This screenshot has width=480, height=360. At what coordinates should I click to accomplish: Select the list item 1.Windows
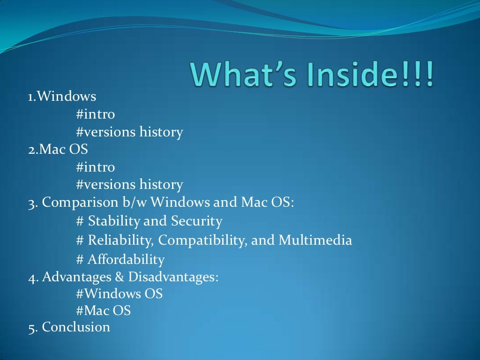(62, 97)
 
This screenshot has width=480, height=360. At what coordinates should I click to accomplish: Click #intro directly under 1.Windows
(95, 114)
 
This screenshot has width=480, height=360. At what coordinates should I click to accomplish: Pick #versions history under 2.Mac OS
(129, 184)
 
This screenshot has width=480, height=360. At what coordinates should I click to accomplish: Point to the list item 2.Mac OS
(58, 149)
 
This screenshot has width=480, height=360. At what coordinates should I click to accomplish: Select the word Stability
(114, 221)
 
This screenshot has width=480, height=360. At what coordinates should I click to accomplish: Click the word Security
(196, 221)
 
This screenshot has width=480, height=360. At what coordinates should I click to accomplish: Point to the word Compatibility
(202, 240)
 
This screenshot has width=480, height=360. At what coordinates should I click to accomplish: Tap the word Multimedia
(315, 240)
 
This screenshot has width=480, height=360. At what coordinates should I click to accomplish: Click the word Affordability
(126, 259)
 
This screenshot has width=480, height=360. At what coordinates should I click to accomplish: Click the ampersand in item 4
(119, 277)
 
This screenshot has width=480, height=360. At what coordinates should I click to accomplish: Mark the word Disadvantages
(173, 277)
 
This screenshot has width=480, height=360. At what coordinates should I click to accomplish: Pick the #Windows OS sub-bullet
(119, 294)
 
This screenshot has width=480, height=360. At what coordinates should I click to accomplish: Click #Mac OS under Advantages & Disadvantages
(103, 310)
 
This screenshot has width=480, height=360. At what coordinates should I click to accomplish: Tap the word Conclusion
(76, 327)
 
